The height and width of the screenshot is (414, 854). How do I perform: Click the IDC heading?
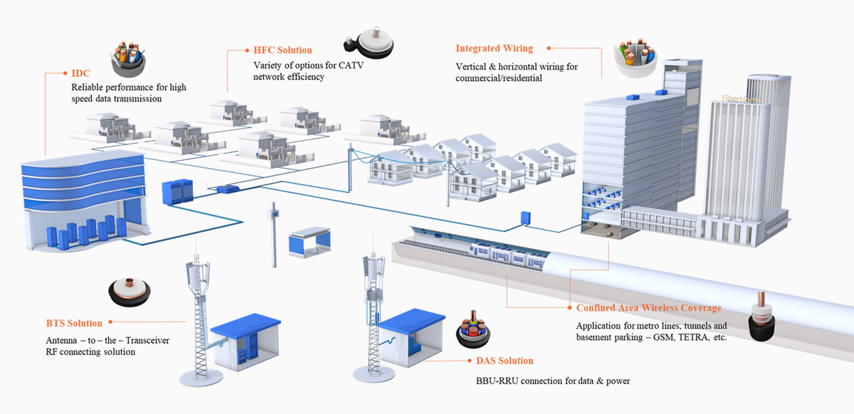click(80, 73)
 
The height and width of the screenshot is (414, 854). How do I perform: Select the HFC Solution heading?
click(283, 50)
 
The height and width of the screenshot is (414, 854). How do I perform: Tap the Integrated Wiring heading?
click(494, 48)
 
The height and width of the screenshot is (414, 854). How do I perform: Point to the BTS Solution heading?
click(74, 323)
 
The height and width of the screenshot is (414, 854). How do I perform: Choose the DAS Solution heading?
click(505, 361)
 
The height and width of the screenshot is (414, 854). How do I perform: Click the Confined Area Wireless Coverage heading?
click(648, 307)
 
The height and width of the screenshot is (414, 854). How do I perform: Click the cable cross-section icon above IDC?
click(129, 59)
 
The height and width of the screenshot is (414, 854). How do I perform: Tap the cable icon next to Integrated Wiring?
click(635, 57)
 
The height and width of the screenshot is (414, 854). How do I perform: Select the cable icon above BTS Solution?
click(130, 292)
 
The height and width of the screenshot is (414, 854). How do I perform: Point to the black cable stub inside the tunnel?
click(761, 317)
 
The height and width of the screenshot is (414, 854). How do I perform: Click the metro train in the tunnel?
click(509, 255)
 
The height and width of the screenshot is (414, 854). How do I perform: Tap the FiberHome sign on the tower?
click(741, 99)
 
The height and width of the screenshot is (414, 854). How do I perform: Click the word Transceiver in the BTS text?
click(147, 341)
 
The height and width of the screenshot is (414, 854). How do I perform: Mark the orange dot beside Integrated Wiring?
click(549, 48)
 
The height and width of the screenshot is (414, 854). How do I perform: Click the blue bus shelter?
click(310, 243)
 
